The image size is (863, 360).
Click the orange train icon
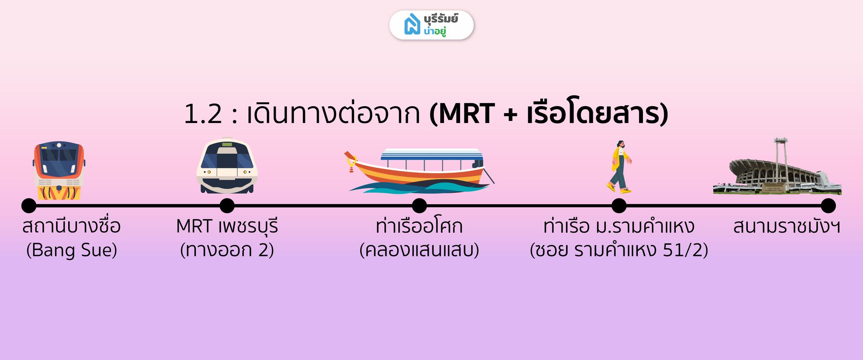[x=59, y=171]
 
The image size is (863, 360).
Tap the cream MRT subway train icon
[x=227, y=165]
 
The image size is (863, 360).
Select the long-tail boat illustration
[x=419, y=171]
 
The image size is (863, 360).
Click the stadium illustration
[x=777, y=167]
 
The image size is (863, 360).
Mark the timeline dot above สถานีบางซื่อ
[x=29, y=206]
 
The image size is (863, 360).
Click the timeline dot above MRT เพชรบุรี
[x=227, y=206]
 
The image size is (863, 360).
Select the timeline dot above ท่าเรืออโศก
[x=419, y=206]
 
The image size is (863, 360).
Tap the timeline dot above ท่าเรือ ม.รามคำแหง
[x=619, y=206]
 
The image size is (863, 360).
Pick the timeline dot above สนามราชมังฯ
[x=828, y=206]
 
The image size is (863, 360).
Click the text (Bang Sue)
[x=72, y=250]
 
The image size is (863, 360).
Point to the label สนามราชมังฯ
[x=787, y=226]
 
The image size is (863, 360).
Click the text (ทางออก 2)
[x=227, y=250]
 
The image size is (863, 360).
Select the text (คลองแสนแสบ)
[x=419, y=250]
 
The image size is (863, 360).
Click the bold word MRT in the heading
[x=466, y=114]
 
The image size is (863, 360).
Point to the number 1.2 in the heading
[x=203, y=114]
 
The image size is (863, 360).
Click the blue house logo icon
[x=412, y=24]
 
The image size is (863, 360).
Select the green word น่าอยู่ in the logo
[x=435, y=31]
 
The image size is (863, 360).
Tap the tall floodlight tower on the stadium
[x=781, y=160]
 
